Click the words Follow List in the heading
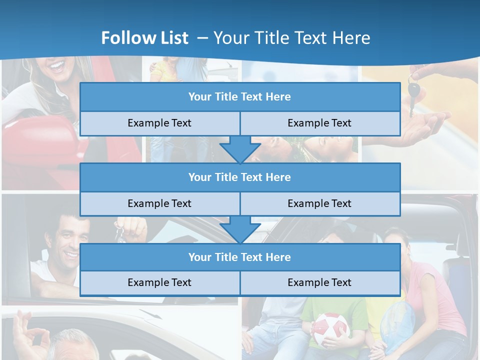(x=144, y=38)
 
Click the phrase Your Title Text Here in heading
(x=291, y=38)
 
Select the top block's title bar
(x=240, y=97)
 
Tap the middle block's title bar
(x=240, y=177)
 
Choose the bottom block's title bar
(x=240, y=257)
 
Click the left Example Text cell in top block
(x=159, y=123)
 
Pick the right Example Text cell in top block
(x=319, y=123)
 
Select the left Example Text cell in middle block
(x=159, y=203)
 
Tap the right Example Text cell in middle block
(x=319, y=203)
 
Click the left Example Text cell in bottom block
(x=159, y=282)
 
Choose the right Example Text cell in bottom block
(x=319, y=282)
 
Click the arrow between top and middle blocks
(x=240, y=149)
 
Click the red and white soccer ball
(x=330, y=329)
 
